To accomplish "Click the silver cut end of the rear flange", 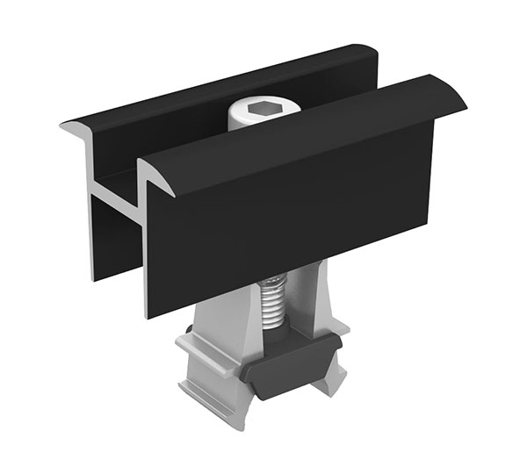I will (x=79, y=132).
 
